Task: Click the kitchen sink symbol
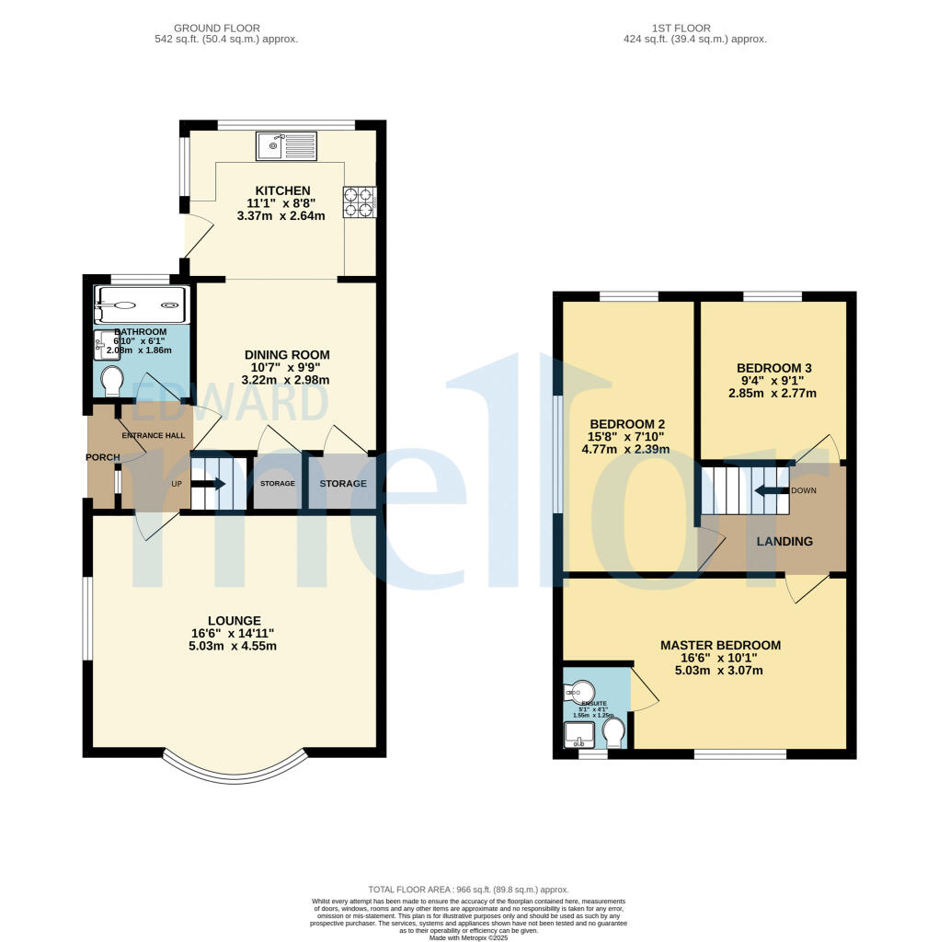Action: [x=286, y=144]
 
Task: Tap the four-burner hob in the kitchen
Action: [x=359, y=202]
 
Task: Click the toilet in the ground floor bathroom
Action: [x=112, y=380]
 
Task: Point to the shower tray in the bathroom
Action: [x=143, y=304]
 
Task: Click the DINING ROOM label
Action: [x=287, y=354]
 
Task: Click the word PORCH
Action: [x=103, y=457]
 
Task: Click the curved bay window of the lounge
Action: [x=234, y=772]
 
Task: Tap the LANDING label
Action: [x=784, y=541]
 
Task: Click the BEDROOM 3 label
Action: [x=773, y=368]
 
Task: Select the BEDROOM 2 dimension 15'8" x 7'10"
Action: [x=626, y=436]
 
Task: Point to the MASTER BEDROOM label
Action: [x=720, y=645]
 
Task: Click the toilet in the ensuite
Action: [x=613, y=732]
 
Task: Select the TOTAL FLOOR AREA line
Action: [x=468, y=890]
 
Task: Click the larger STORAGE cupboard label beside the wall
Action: [x=342, y=483]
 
